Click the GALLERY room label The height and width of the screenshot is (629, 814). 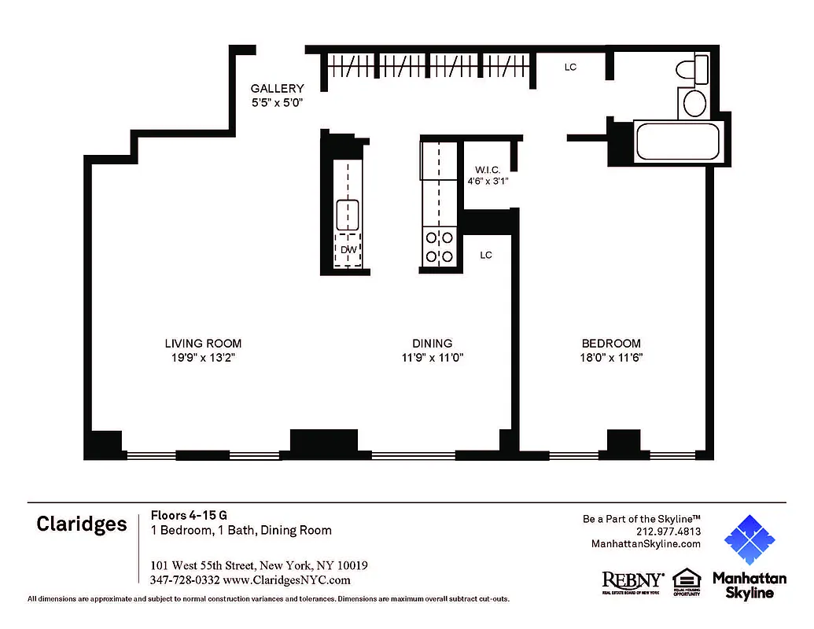(277, 89)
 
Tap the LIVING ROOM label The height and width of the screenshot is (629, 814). (203, 344)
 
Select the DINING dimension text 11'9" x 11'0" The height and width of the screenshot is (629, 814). (433, 358)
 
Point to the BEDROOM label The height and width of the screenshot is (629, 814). (611, 344)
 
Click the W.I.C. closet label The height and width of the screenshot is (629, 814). (488, 170)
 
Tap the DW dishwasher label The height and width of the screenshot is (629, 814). (348, 251)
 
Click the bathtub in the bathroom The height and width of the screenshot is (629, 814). (676, 142)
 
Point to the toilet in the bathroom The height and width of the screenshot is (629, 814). (692, 70)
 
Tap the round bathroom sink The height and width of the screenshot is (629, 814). (694, 103)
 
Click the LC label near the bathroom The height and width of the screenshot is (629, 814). (570, 68)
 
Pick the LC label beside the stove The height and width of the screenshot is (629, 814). (486, 256)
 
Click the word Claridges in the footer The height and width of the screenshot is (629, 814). (81, 524)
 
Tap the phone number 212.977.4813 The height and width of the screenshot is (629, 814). (668, 532)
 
